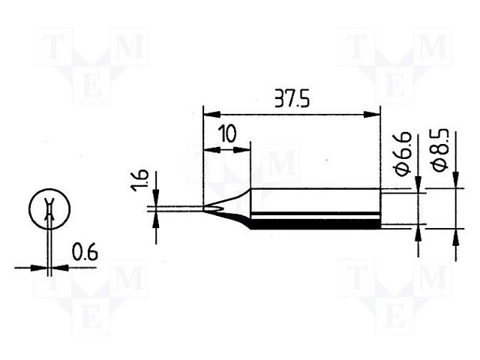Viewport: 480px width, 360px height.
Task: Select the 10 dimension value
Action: click(x=227, y=135)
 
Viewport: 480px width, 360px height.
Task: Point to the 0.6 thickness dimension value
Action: click(x=85, y=253)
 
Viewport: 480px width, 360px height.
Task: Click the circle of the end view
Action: click(x=49, y=209)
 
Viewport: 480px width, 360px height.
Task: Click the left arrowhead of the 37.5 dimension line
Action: click(x=210, y=115)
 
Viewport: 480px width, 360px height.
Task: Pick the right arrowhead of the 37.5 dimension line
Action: click(x=373, y=115)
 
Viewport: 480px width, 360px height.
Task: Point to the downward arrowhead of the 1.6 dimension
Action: click(x=156, y=199)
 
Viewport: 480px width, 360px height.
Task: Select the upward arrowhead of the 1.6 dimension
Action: click(x=156, y=218)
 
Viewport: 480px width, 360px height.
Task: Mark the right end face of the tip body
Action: click(x=379, y=209)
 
